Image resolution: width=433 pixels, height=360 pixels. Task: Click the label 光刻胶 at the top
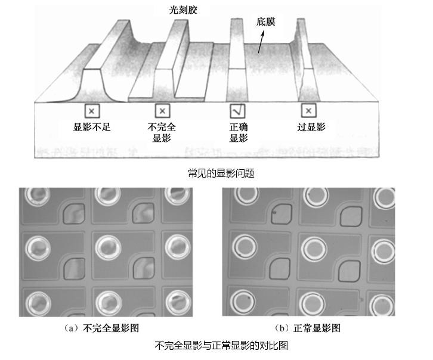183,10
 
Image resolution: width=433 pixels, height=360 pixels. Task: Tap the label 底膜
265,21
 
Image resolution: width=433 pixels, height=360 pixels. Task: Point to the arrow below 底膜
261,41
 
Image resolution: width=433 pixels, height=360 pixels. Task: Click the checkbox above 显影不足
92,111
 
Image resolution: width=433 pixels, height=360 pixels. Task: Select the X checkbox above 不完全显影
162,111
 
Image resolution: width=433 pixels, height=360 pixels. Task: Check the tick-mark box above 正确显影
237,111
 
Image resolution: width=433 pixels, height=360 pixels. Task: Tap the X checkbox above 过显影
308,110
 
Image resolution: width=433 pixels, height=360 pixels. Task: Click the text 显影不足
92,127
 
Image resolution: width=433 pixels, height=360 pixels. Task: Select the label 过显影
311,127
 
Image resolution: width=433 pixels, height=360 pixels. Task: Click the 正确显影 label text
239,132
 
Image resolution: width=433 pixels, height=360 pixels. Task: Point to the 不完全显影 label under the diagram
162,132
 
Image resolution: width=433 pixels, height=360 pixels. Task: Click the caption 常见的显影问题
221,173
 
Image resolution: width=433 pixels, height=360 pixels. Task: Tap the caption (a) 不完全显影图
101,328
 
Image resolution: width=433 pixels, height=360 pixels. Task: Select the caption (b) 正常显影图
307,328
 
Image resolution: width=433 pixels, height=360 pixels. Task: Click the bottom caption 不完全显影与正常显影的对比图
221,345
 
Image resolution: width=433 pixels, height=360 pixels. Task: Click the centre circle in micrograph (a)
109,247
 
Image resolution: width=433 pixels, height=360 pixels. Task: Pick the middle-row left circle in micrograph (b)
245,247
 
